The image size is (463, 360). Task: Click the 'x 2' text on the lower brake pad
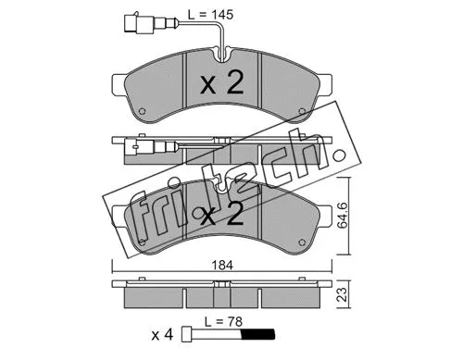tap(220, 217)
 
